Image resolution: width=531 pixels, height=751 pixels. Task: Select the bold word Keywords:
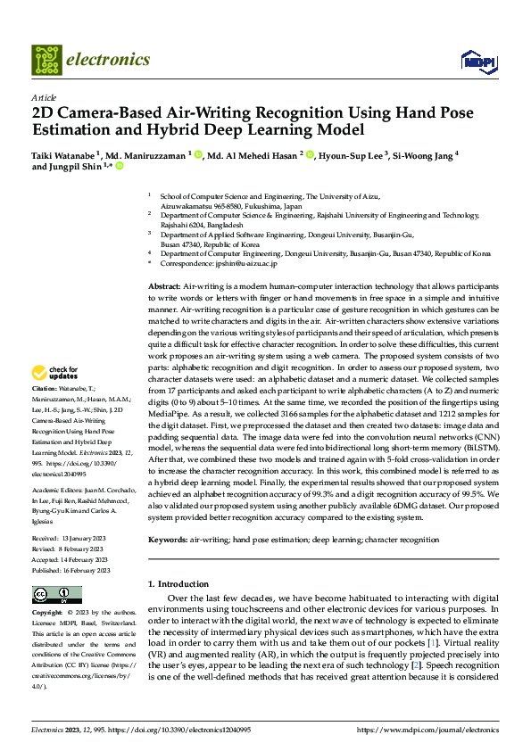(168, 540)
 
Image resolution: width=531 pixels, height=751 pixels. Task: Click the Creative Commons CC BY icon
(57, 594)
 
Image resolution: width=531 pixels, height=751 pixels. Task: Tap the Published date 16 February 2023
(89, 570)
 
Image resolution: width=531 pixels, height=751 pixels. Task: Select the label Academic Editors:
(58, 490)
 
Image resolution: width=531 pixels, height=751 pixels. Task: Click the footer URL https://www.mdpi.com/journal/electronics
(431, 730)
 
